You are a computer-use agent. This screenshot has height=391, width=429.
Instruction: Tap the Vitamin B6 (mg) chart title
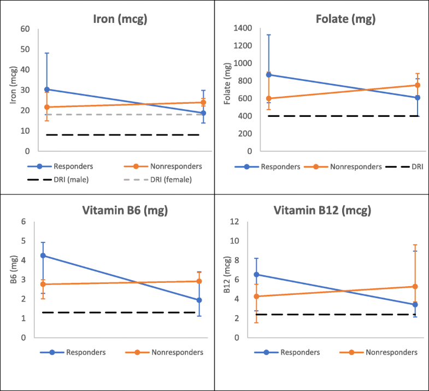pyautogui.click(x=119, y=210)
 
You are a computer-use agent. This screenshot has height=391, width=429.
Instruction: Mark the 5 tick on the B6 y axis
pyautogui.click(x=23, y=241)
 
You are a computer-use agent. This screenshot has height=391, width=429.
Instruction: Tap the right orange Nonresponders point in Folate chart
pyautogui.click(x=418, y=85)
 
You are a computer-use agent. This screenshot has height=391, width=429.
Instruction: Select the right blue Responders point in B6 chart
pyautogui.click(x=199, y=300)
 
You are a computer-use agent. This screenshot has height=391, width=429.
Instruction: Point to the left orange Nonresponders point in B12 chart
pyautogui.click(x=256, y=297)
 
